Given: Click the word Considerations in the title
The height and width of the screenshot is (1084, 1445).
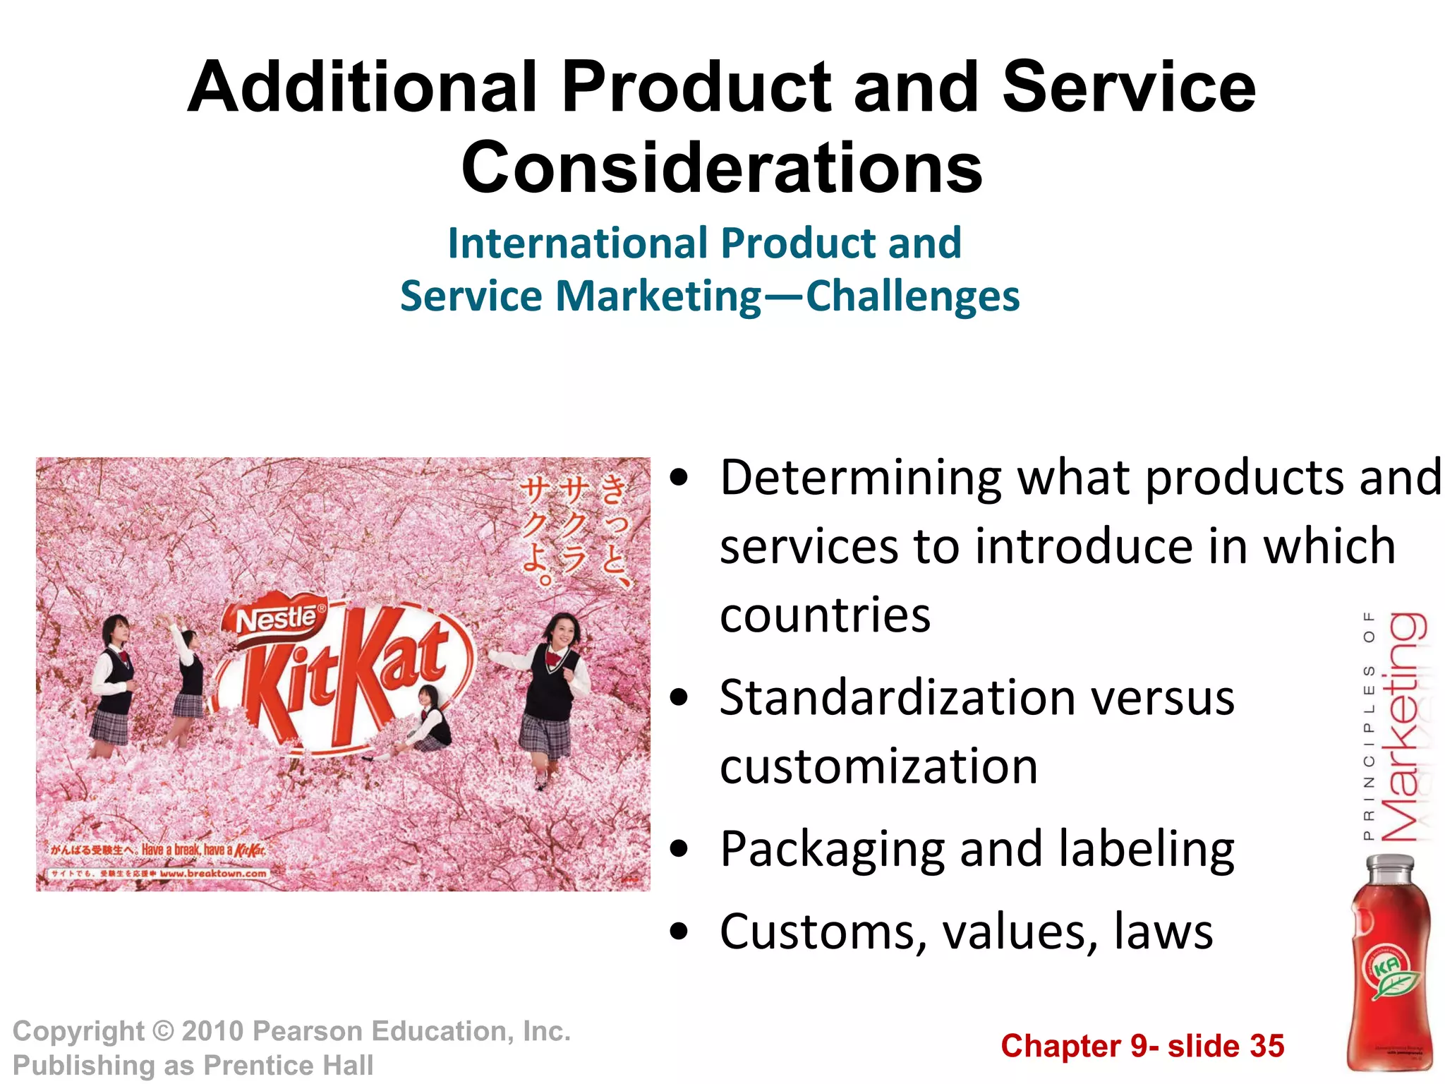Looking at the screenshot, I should point(722,168).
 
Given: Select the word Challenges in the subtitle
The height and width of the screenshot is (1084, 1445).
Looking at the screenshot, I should point(912,296).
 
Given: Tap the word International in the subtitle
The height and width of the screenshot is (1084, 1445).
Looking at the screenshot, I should point(578,243).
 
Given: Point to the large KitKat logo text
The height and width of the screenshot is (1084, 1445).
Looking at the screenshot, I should point(346,681).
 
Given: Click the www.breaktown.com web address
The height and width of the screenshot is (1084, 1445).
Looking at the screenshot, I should point(213,874).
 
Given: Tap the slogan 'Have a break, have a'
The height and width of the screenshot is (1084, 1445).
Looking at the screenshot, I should point(186,850).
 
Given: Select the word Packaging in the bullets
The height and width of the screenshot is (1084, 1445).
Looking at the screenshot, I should point(833,849).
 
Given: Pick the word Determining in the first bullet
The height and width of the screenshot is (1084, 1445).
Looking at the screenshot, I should point(860,478).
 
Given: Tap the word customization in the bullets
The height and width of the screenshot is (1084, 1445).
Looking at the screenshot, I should point(878,767).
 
